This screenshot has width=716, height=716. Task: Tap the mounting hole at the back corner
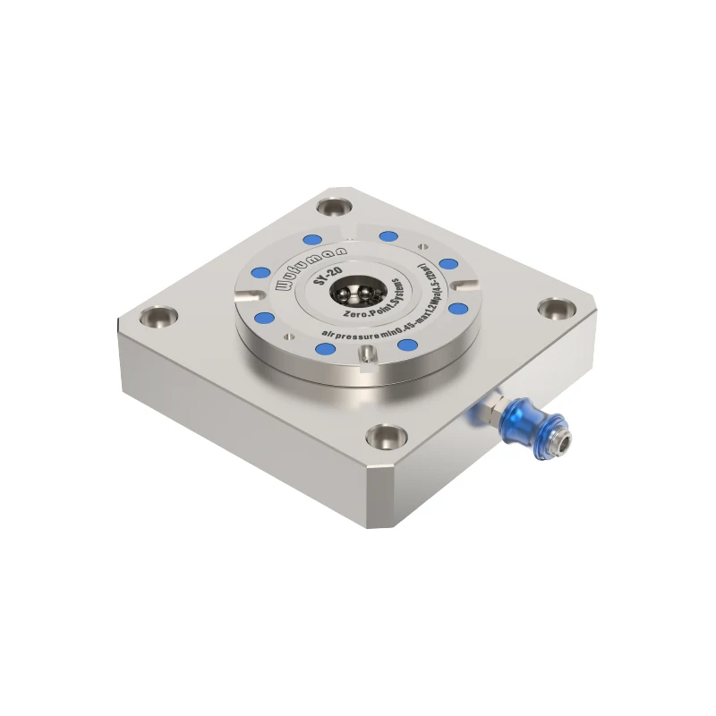pyautogui.click(x=337, y=208)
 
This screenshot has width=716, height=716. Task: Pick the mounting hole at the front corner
pyautogui.click(x=386, y=439)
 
